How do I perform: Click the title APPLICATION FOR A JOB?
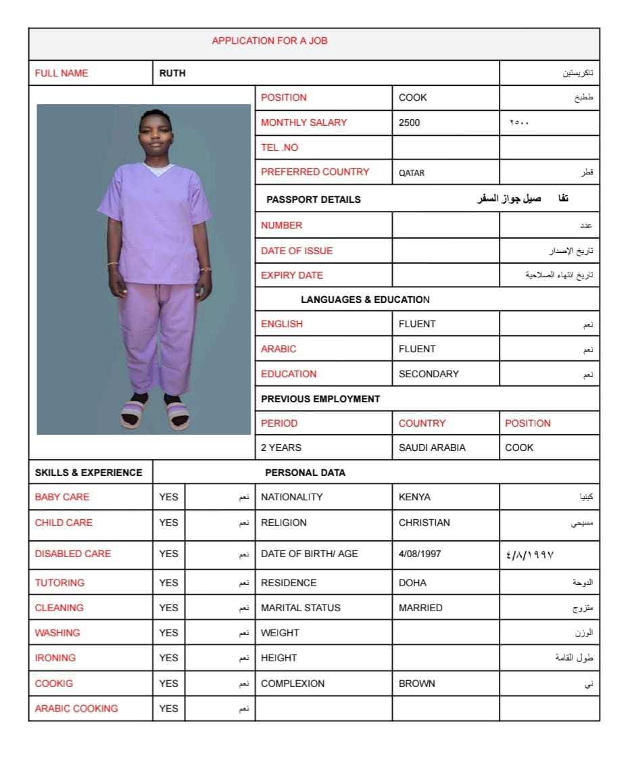click(270, 41)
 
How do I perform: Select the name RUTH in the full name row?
click(172, 73)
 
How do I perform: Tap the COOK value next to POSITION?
click(412, 97)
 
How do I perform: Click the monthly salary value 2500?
click(409, 122)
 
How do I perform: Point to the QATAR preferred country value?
click(412, 172)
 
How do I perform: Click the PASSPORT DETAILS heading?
click(313, 199)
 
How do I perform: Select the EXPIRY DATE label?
click(292, 275)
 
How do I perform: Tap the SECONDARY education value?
click(429, 374)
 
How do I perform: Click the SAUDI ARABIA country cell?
click(432, 448)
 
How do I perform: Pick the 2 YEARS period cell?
click(281, 448)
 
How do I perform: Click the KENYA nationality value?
click(414, 497)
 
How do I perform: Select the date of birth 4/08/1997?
click(420, 554)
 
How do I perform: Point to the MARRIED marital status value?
click(420, 608)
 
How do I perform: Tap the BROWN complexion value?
click(417, 684)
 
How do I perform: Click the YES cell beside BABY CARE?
click(169, 497)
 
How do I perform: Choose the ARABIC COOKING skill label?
click(76, 709)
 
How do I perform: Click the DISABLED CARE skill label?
click(73, 554)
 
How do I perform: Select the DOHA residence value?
click(412, 583)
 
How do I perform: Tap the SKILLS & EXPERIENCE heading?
click(89, 473)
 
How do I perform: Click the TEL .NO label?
click(279, 147)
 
